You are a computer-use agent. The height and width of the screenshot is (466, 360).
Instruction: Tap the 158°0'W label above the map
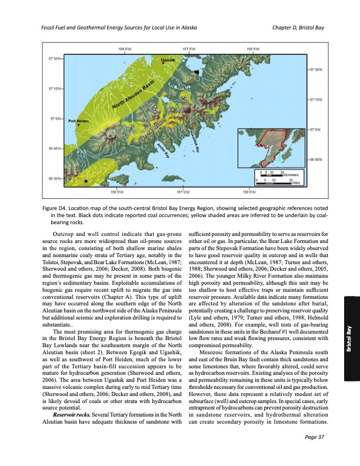pos(125,49)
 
